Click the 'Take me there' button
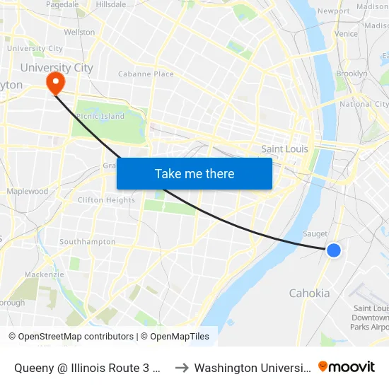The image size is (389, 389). (194, 173)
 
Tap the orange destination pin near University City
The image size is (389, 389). (54, 84)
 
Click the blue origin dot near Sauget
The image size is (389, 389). (334, 250)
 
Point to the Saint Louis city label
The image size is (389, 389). (285, 149)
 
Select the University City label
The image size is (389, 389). (57, 68)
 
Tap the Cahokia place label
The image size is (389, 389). (309, 294)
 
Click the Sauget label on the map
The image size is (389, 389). (315, 233)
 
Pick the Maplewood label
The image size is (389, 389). (28, 192)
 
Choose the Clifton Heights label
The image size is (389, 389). (106, 200)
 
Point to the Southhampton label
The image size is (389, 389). (88, 242)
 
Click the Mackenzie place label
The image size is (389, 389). (44, 274)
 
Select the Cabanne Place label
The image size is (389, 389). (146, 74)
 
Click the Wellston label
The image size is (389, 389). (79, 33)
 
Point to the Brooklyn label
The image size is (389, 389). (352, 74)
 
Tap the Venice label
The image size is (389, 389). (346, 33)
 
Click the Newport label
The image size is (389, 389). (334, 11)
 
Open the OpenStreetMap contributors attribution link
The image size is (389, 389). (71, 337)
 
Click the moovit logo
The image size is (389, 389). (347, 367)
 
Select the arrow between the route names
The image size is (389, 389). (180, 368)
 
